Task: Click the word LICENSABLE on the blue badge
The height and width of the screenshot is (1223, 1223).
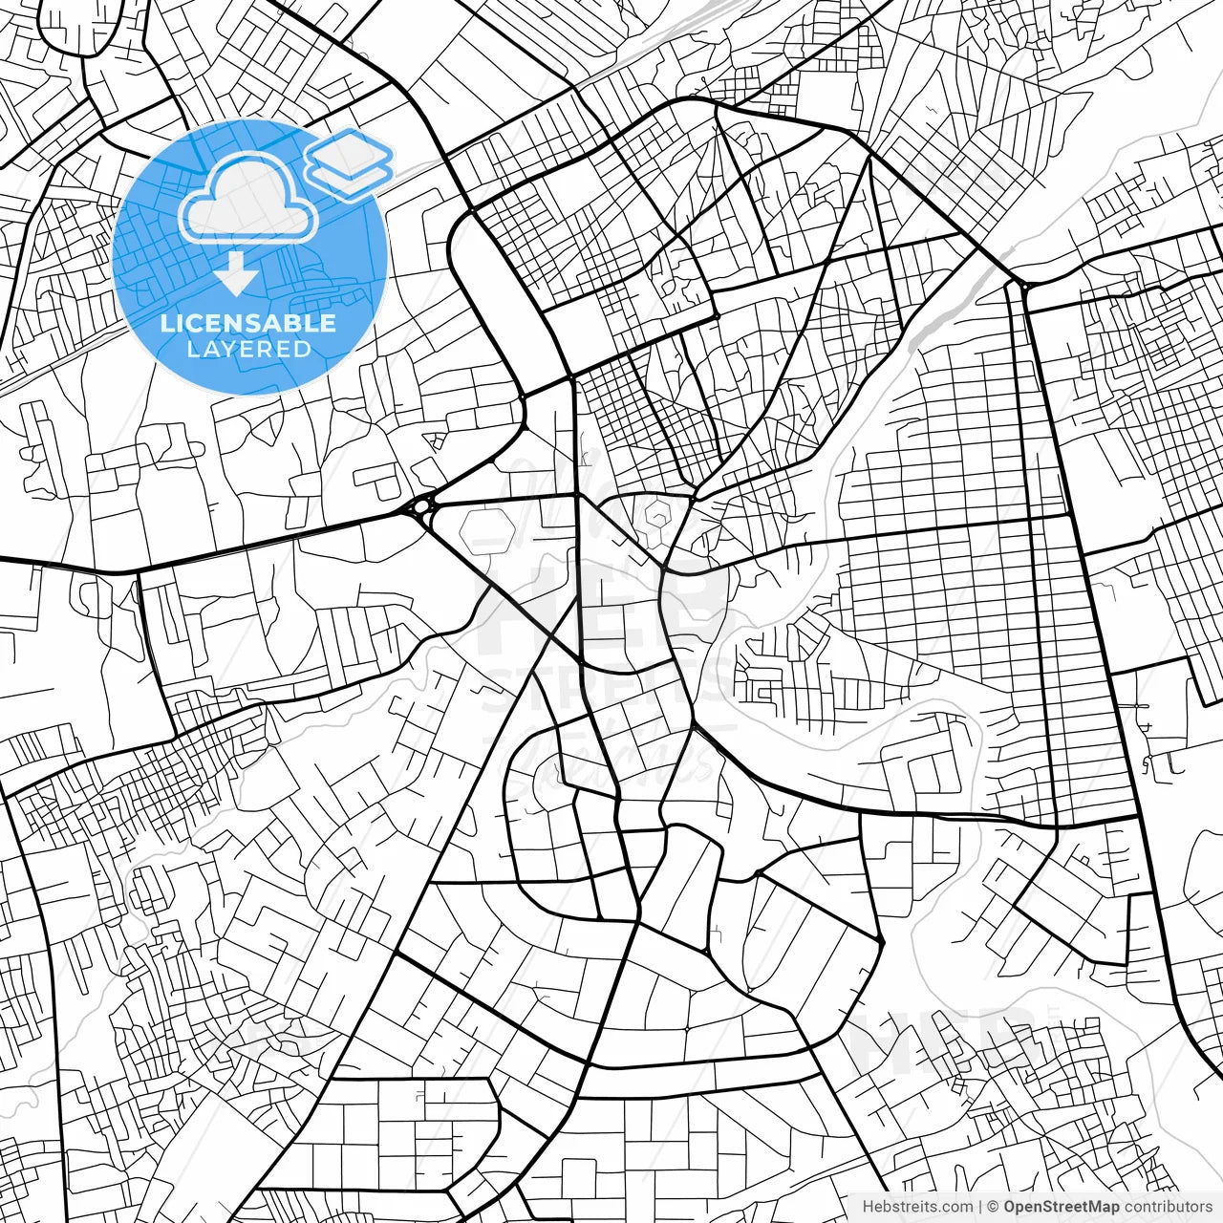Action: tap(248, 323)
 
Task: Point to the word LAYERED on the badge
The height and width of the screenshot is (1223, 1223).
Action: tap(248, 350)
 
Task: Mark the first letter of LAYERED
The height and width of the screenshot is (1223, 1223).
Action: tap(192, 350)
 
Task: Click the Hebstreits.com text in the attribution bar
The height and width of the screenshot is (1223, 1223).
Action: tap(917, 1208)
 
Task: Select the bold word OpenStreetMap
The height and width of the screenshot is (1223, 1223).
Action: tap(1061, 1208)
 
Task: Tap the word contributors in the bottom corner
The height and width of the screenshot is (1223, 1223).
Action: tap(1168, 1208)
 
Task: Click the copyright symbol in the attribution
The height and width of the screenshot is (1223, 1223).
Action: tap(993, 1208)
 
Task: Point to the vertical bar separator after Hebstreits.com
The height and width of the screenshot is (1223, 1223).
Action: tap(980, 1208)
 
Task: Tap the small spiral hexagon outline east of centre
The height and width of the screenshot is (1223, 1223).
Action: tap(658, 517)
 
